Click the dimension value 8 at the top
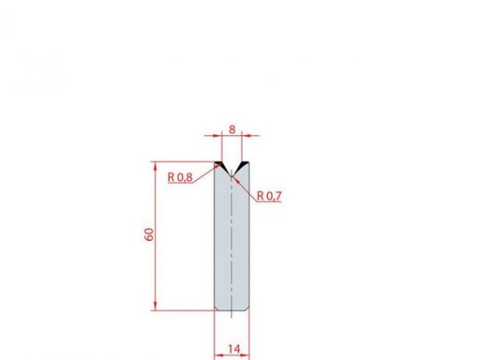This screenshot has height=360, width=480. pos(231,128)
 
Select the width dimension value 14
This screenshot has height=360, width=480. pos(233,349)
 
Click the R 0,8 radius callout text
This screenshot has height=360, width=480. pos(180,178)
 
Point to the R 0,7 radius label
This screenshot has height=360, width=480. pos(270,196)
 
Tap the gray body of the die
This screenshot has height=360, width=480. pos(232,240)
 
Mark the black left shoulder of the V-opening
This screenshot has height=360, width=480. pos(220,165)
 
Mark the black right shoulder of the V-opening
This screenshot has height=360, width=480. pos(244,165)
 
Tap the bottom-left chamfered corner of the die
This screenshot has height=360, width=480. pos(217,308)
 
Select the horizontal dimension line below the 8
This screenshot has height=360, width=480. pos(231,137)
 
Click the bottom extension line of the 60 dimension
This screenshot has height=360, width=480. pos(184,310)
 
